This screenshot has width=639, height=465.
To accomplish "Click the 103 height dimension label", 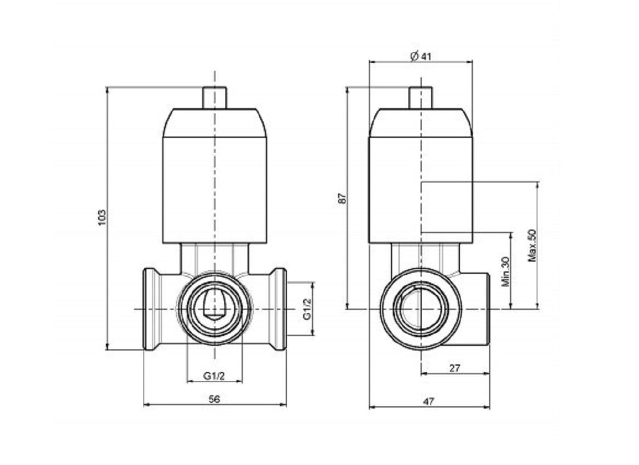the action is (102, 217).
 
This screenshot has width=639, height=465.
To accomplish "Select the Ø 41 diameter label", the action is (420, 56).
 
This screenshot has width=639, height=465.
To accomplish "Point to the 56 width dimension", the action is (214, 399).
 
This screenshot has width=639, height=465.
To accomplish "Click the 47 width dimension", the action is (428, 402).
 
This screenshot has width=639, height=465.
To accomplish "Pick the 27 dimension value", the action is (454, 368).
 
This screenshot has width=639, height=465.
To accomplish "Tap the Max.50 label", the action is (532, 245).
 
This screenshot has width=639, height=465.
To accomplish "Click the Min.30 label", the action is (505, 271).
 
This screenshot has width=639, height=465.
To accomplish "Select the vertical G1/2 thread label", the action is (307, 309).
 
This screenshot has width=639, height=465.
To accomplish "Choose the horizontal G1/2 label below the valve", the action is (214, 375).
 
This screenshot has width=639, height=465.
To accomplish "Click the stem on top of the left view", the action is (214, 98).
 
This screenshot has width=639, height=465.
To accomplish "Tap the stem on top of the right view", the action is (421, 98).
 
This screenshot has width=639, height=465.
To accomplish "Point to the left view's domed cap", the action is (215, 123).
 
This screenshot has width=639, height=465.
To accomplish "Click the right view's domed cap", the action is (421, 123).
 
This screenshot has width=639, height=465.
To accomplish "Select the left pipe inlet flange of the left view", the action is (151, 309).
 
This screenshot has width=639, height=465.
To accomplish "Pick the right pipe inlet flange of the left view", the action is (279, 309).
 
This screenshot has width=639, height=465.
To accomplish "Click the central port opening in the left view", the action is (214, 309).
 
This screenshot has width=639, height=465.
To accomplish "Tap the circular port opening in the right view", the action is (421, 309).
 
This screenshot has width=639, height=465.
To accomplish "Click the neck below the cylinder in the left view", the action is (215, 258).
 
